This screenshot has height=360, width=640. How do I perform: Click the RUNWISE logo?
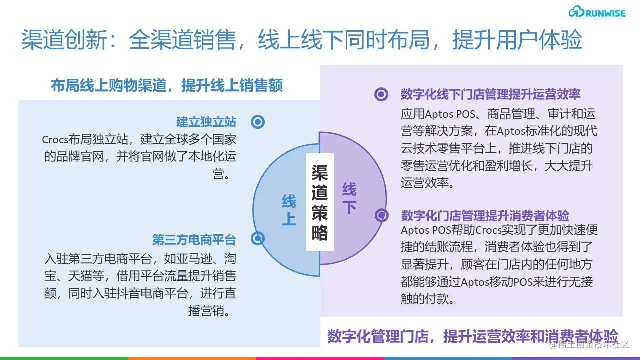(597, 13)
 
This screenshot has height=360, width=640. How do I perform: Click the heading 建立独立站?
(206, 122)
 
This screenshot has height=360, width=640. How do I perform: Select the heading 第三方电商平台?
(194, 240)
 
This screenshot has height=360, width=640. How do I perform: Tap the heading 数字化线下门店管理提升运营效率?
(490, 94)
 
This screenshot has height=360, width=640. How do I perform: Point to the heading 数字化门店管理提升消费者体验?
(485, 216)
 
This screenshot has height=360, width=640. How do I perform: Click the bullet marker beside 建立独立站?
(258, 122)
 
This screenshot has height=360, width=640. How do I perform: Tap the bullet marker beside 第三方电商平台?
(258, 239)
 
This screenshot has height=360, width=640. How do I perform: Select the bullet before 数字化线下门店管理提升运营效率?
(381, 94)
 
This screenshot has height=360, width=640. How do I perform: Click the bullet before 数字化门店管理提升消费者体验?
(382, 215)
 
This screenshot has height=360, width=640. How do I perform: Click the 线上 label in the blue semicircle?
(289, 210)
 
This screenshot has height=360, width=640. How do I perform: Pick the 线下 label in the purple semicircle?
(349, 198)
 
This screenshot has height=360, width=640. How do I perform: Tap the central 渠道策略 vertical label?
(319, 202)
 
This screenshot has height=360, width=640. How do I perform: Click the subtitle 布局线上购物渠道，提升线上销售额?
(167, 85)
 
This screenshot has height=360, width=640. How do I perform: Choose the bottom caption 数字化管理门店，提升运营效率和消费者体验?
(472, 336)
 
